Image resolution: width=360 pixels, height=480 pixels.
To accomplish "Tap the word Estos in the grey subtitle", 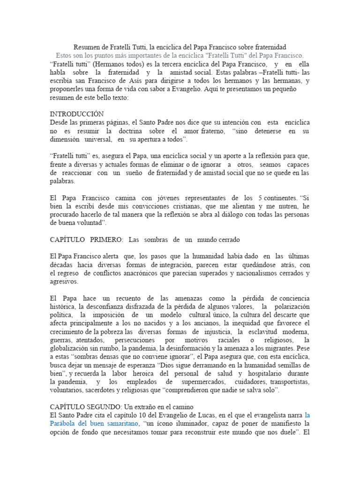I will coord(64,55).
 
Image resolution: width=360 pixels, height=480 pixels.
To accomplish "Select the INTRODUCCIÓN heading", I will coord(77,114).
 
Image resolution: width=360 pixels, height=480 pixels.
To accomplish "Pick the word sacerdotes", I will coord(103,390).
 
